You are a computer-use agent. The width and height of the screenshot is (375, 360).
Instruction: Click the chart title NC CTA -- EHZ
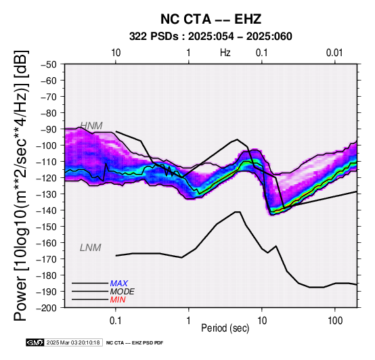(x=211, y=19)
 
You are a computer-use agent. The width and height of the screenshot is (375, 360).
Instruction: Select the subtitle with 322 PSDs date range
(x=211, y=37)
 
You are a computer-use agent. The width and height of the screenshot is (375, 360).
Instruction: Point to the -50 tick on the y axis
(x=49, y=64)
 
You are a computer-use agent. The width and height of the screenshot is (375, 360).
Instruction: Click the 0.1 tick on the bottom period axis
(x=116, y=321)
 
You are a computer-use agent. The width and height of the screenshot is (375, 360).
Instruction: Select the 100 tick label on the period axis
(x=335, y=321)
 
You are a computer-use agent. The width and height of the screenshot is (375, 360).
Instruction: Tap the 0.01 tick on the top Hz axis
(x=334, y=53)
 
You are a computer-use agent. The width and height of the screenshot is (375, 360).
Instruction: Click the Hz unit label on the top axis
(x=225, y=53)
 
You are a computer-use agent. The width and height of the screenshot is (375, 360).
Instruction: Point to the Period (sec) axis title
(x=225, y=328)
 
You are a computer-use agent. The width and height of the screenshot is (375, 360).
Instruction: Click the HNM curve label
(x=91, y=126)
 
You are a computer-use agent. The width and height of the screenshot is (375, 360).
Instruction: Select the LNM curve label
(x=91, y=248)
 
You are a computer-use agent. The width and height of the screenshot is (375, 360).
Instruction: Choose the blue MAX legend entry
(x=119, y=284)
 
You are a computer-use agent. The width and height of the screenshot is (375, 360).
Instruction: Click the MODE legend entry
(x=123, y=292)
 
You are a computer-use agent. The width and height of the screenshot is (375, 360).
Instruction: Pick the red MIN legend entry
(x=118, y=300)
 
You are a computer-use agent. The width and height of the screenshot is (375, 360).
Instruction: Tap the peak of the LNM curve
(x=238, y=212)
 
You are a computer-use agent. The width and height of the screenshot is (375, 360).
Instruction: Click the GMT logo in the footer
(x=35, y=342)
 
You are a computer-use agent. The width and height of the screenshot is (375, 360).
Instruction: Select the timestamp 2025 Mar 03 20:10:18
(x=73, y=342)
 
